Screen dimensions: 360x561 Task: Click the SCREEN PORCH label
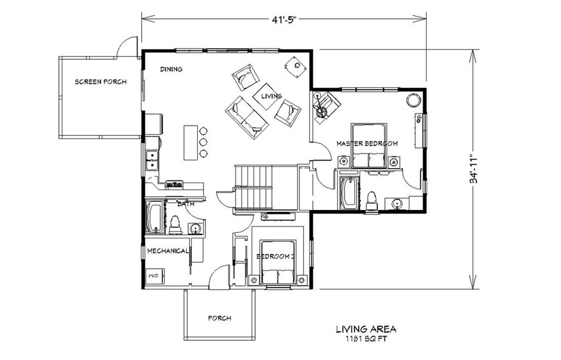pyautogui.click(x=100, y=82)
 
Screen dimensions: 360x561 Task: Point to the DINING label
pyautogui.click(x=171, y=69)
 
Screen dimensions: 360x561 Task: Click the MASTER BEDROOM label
pyautogui.click(x=367, y=143)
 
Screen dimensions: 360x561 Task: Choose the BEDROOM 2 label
pyautogui.click(x=276, y=256)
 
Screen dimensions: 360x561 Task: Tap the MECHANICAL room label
pyautogui.click(x=168, y=251)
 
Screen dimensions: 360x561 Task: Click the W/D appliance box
pyautogui.click(x=153, y=276)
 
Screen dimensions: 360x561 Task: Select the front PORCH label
pyautogui.click(x=220, y=318)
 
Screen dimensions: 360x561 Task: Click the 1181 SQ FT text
pyautogui.click(x=366, y=339)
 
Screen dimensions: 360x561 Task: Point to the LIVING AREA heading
pyautogui.click(x=366, y=329)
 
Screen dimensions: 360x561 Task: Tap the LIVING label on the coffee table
pyautogui.click(x=271, y=96)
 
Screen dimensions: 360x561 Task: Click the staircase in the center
pyautogui.click(x=254, y=187)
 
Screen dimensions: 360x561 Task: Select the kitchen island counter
pyautogui.click(x=190, y=142)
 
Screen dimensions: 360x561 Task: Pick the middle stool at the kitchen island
pyautogui.click(x=203, y=142)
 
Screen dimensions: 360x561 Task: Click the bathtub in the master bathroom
pyautogui.click(x=348, y=192)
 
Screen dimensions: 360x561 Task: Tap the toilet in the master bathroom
pyautogui.click(x=371, y=200)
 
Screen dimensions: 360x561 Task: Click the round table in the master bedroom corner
pyautogui.click(x=413, y=100)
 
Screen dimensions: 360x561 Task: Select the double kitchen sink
pyautogui.click(x=152, y=159)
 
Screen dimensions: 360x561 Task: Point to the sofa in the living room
pyautogui.click(x=247, y=117)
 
